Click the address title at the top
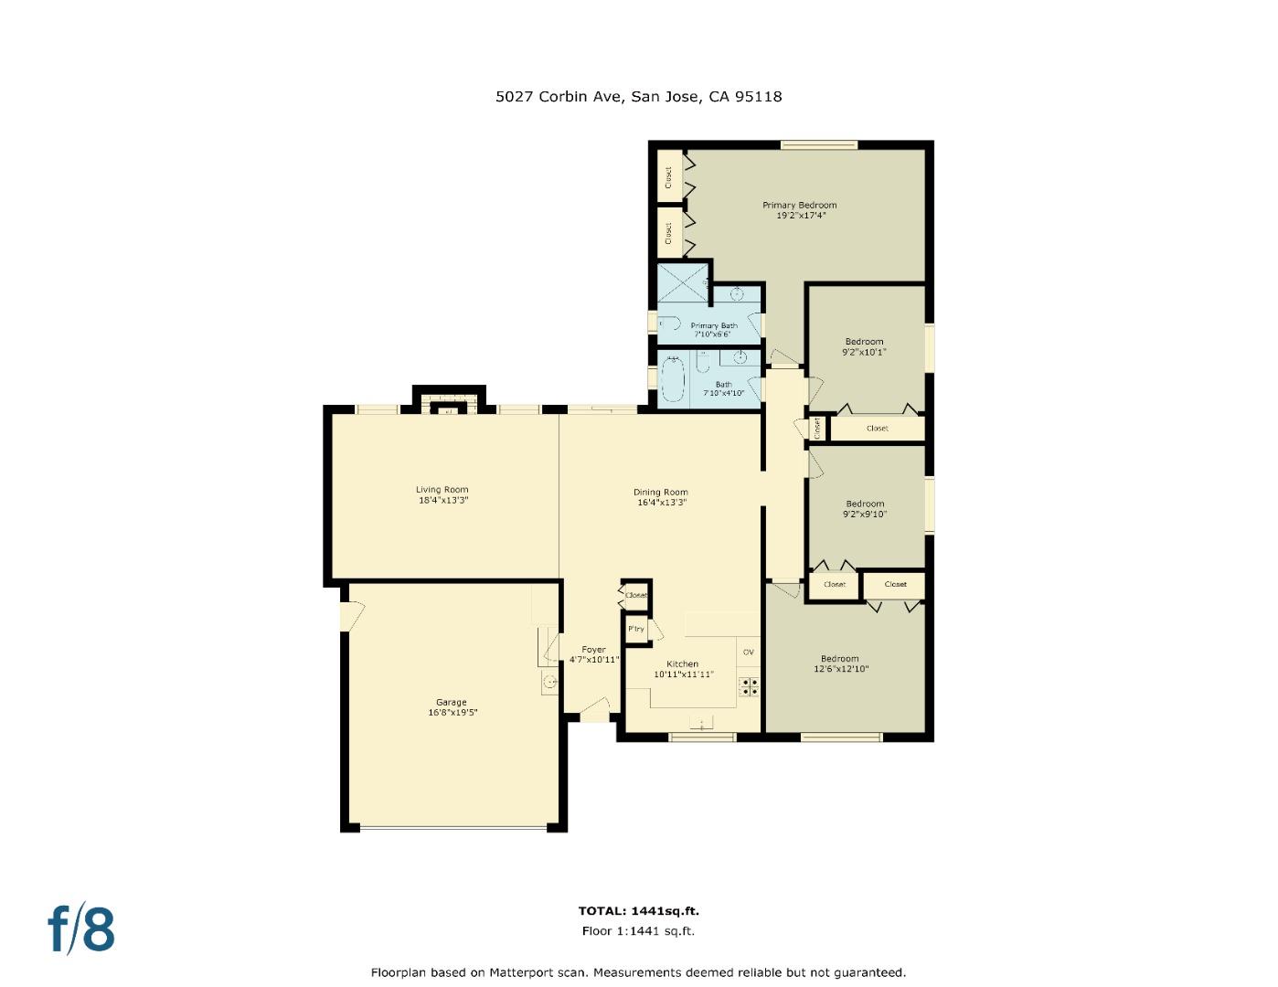click(638, 96)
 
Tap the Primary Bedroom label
click(799, 205)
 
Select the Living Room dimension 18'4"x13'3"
click(442, 501)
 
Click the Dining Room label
click(660, 492)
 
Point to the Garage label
click(451, 702)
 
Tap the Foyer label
click(593, 650)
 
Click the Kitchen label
click(682, 663)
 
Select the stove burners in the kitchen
click(749, 686)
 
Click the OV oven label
click(748, 652)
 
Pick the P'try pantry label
click(635, 629)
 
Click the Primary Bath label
click(713, 325)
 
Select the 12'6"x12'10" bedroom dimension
click(840, 669)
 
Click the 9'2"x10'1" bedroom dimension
click(864, 352)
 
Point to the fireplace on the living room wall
click(448, 405)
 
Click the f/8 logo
click(81, 929)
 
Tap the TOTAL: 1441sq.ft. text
click(638, 910)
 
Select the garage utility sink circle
click(549, 682)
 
